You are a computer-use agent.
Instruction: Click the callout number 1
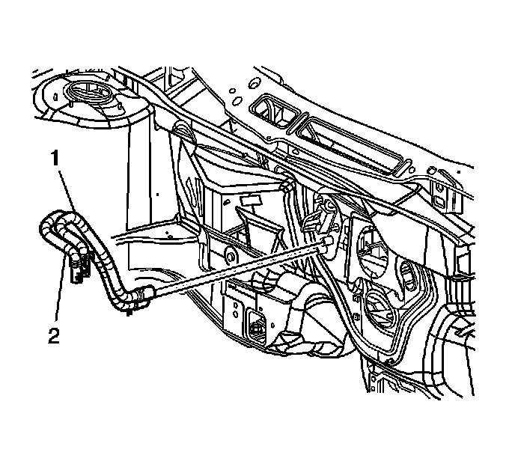[54, 158]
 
